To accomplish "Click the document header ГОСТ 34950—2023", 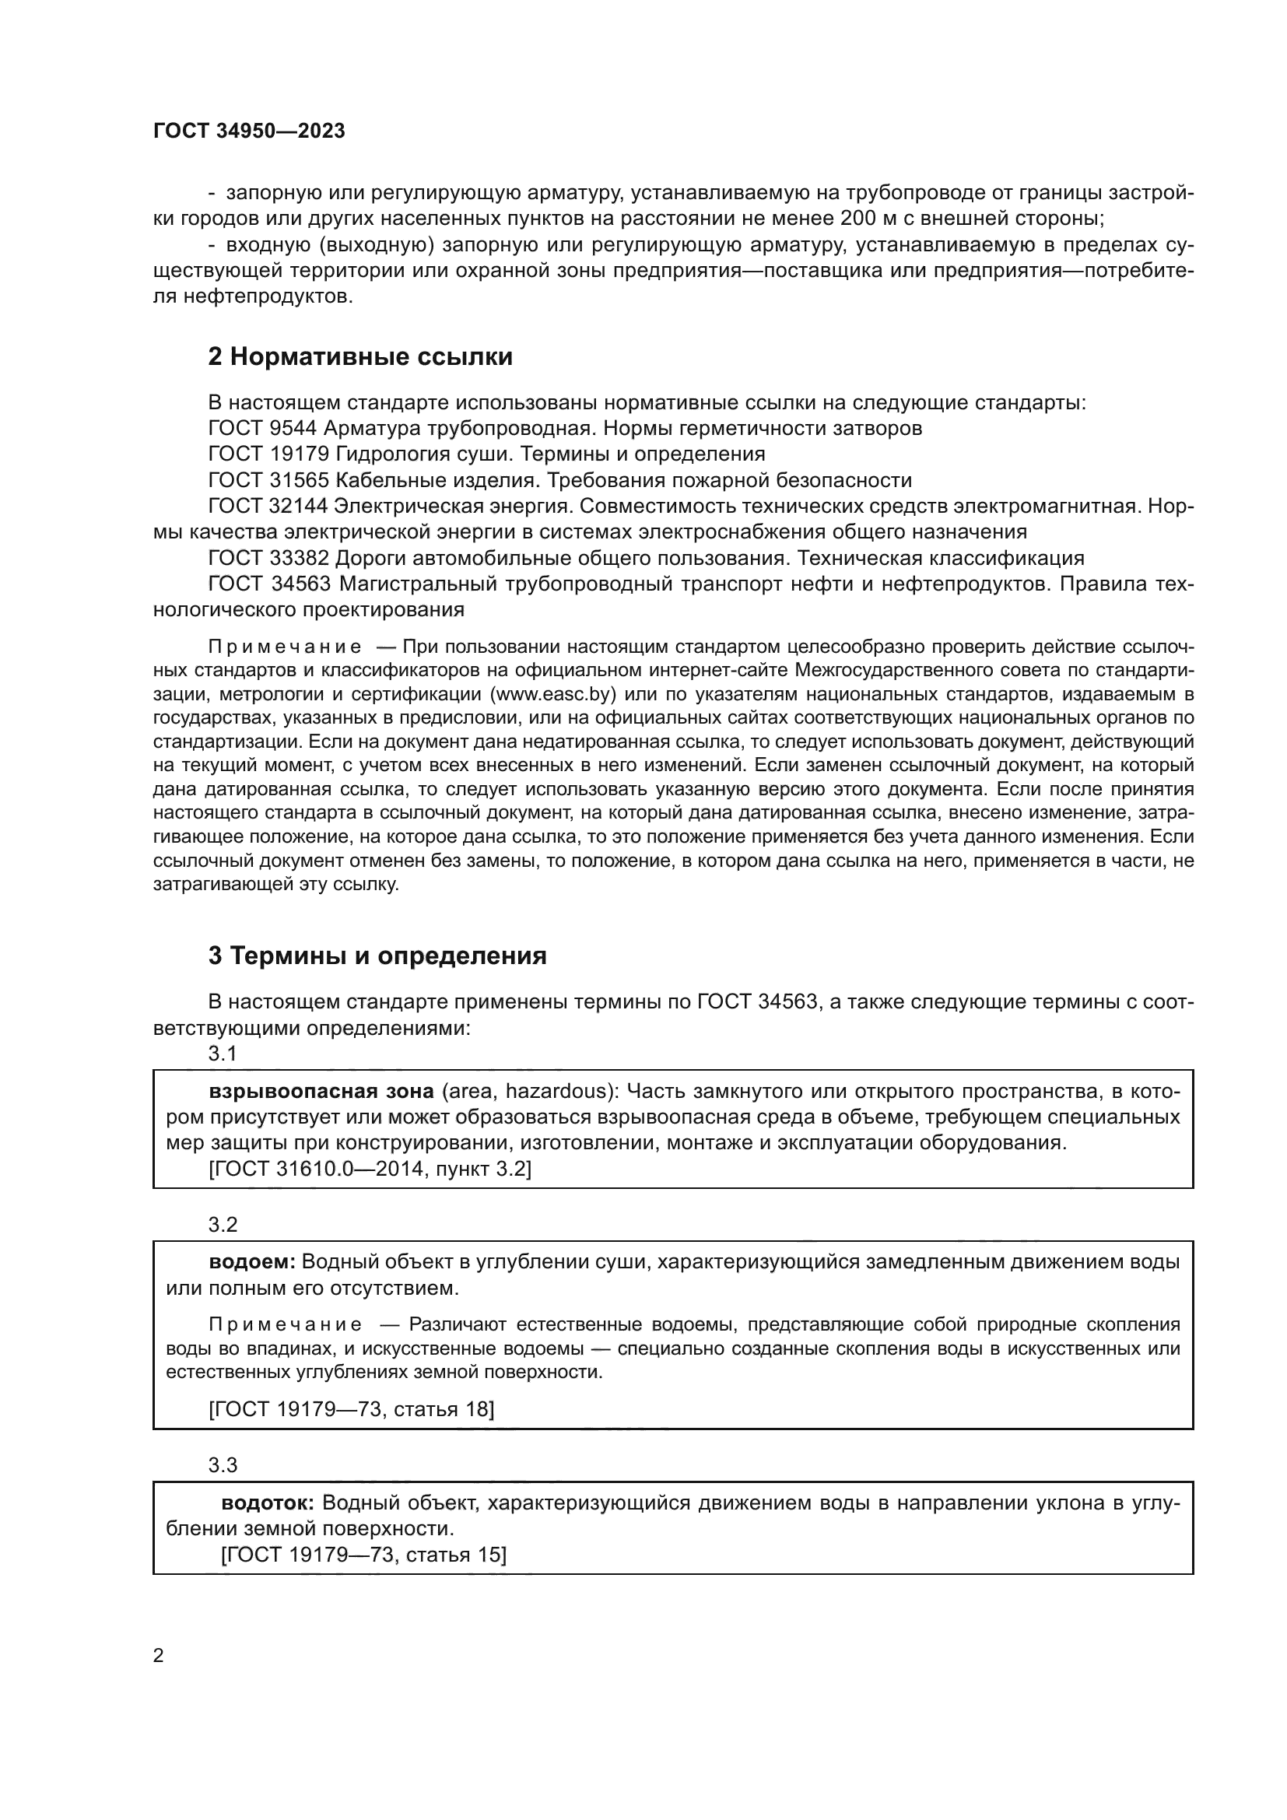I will click(x=249, y=132).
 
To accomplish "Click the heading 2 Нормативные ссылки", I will click(x=359, y=356).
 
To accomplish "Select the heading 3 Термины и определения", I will click(x=377, y=956).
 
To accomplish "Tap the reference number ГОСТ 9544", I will click(x=262, y=429).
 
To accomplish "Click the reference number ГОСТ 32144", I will click(x=268, y=506).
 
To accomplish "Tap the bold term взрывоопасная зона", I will click(x=321, y=1092).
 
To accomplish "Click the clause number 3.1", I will click(x=223, y=1054).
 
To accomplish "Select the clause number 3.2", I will click(x=223, y=1225).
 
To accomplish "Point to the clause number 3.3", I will click(x=223, y=1465).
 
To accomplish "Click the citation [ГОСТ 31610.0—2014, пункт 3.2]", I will click(x=370, y=1169).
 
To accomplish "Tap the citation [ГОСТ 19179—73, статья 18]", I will click(x=351, y=1408).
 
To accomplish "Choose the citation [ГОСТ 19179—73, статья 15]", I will click(x=363, y=1555).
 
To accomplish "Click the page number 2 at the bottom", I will click(x=159, y=1656).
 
